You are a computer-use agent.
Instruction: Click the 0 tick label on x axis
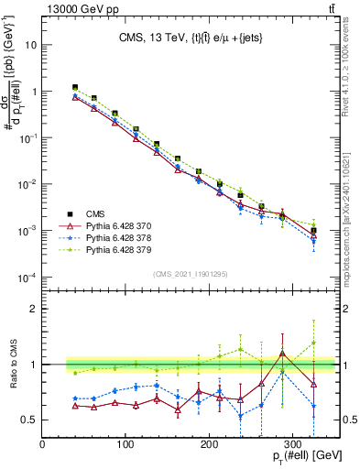(x=43, y=444)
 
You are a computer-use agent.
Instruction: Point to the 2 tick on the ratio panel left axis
(x=34, y=309)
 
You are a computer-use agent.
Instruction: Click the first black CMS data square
(x=75, y=87)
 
